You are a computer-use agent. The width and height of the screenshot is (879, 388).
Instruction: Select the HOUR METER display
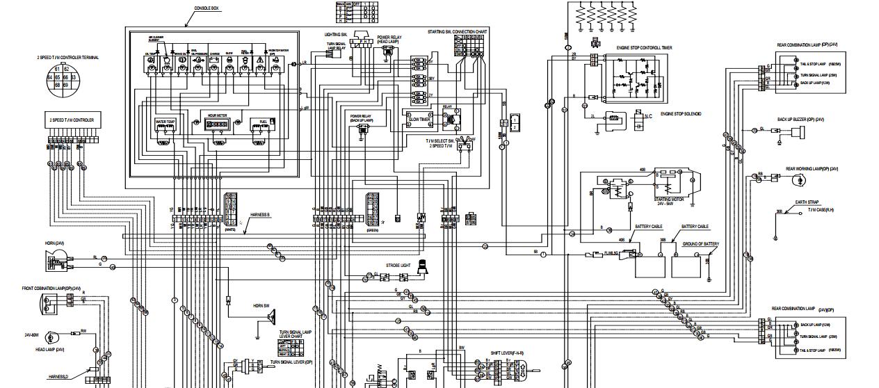click(x=218, y=124)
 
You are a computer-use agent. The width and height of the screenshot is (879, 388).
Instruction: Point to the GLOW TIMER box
click(x=419, y=119)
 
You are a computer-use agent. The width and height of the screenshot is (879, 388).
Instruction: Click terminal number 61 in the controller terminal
click(x=57, y=70)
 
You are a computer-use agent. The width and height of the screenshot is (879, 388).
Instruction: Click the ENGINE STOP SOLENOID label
click(x=680, y=113)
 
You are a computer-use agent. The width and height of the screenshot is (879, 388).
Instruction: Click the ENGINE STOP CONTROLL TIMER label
click(x=643, y=48)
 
